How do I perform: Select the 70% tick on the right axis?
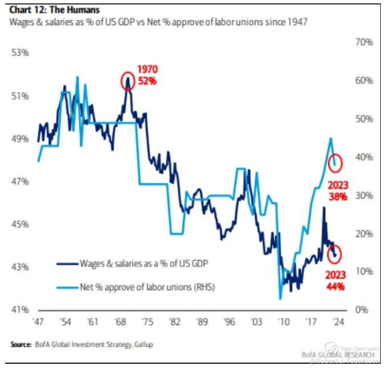click(363, 42)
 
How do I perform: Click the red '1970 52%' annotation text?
click(146, 75)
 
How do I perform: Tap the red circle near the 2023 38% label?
click(336, 163)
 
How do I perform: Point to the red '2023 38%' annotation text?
click(337, 190)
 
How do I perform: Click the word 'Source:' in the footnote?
click(21, 344)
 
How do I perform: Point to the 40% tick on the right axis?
click(363, 157)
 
